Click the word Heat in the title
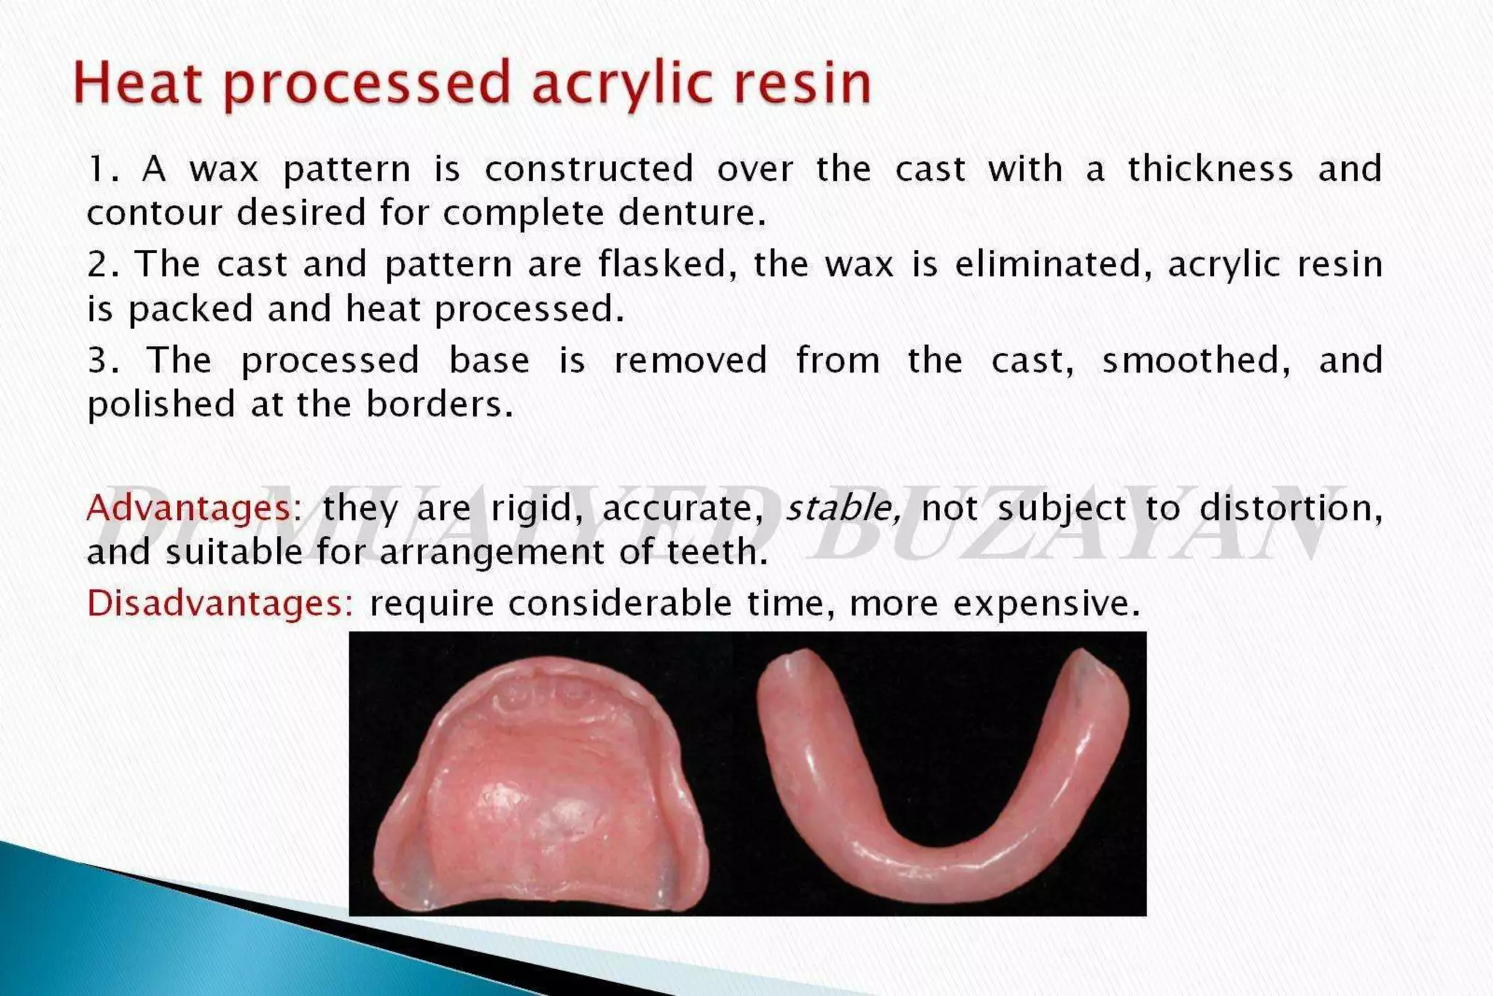coord(137,83)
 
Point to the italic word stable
coord(843,507)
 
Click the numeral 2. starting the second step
coord(103,265)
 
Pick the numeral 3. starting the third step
coord(103,361)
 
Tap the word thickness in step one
coord(1211,169)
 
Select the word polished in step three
coord(161,405)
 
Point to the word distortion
coord(1290,507)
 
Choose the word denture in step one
coord(692,214)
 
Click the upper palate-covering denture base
coord(539,795)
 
